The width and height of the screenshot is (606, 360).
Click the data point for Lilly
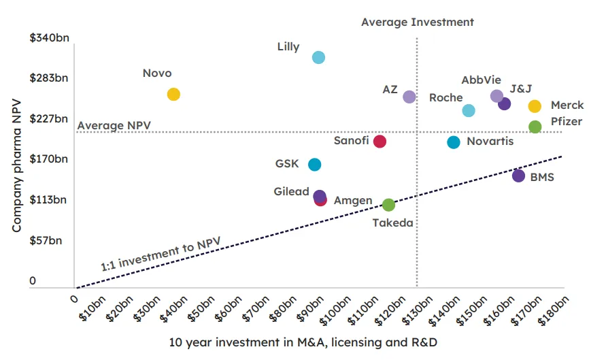click(318, 57)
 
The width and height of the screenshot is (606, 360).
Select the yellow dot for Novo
click(173, 95)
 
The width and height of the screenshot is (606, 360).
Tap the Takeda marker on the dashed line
click(388, 205)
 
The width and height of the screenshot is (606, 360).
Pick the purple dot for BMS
click(518, 176)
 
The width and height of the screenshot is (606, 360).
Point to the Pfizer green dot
click(535, 127)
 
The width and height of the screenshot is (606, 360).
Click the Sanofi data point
click(380, 142)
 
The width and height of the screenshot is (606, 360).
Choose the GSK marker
click(314, 165)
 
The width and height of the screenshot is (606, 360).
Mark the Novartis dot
click(454, 142)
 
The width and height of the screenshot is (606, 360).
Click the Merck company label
click(567, 105)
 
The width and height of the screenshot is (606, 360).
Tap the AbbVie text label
click(481, 80)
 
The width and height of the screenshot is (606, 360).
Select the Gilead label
click(292, 192)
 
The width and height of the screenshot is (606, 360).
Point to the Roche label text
click(446, 98)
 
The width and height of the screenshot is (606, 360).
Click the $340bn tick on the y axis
click(49, 37)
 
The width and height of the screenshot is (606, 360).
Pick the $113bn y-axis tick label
click(49, 200)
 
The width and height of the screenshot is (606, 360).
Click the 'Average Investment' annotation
click(417, 22)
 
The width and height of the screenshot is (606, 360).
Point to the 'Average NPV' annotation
click(114, 126)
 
